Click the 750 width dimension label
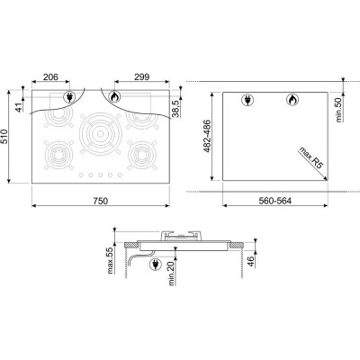pyautogui.click(x=100, y=201)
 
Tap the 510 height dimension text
pyautogui.click(x=4, y=137)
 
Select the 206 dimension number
pyautogui.click(x=50, y=77)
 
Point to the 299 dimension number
pyautogui.click(x=142, y=77)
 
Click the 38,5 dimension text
pyautogui.click(x=175, y=108)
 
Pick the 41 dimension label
pyautogui.click(x=19, y=107)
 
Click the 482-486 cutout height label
pyautogui.click(x=207, y=136)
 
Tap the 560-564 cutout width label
pyautogui.click(x=275, y=201)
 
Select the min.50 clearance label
pyautogui.click(x=339, y=109)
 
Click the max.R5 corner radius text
pyautogui.click(x=310, y=157)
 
